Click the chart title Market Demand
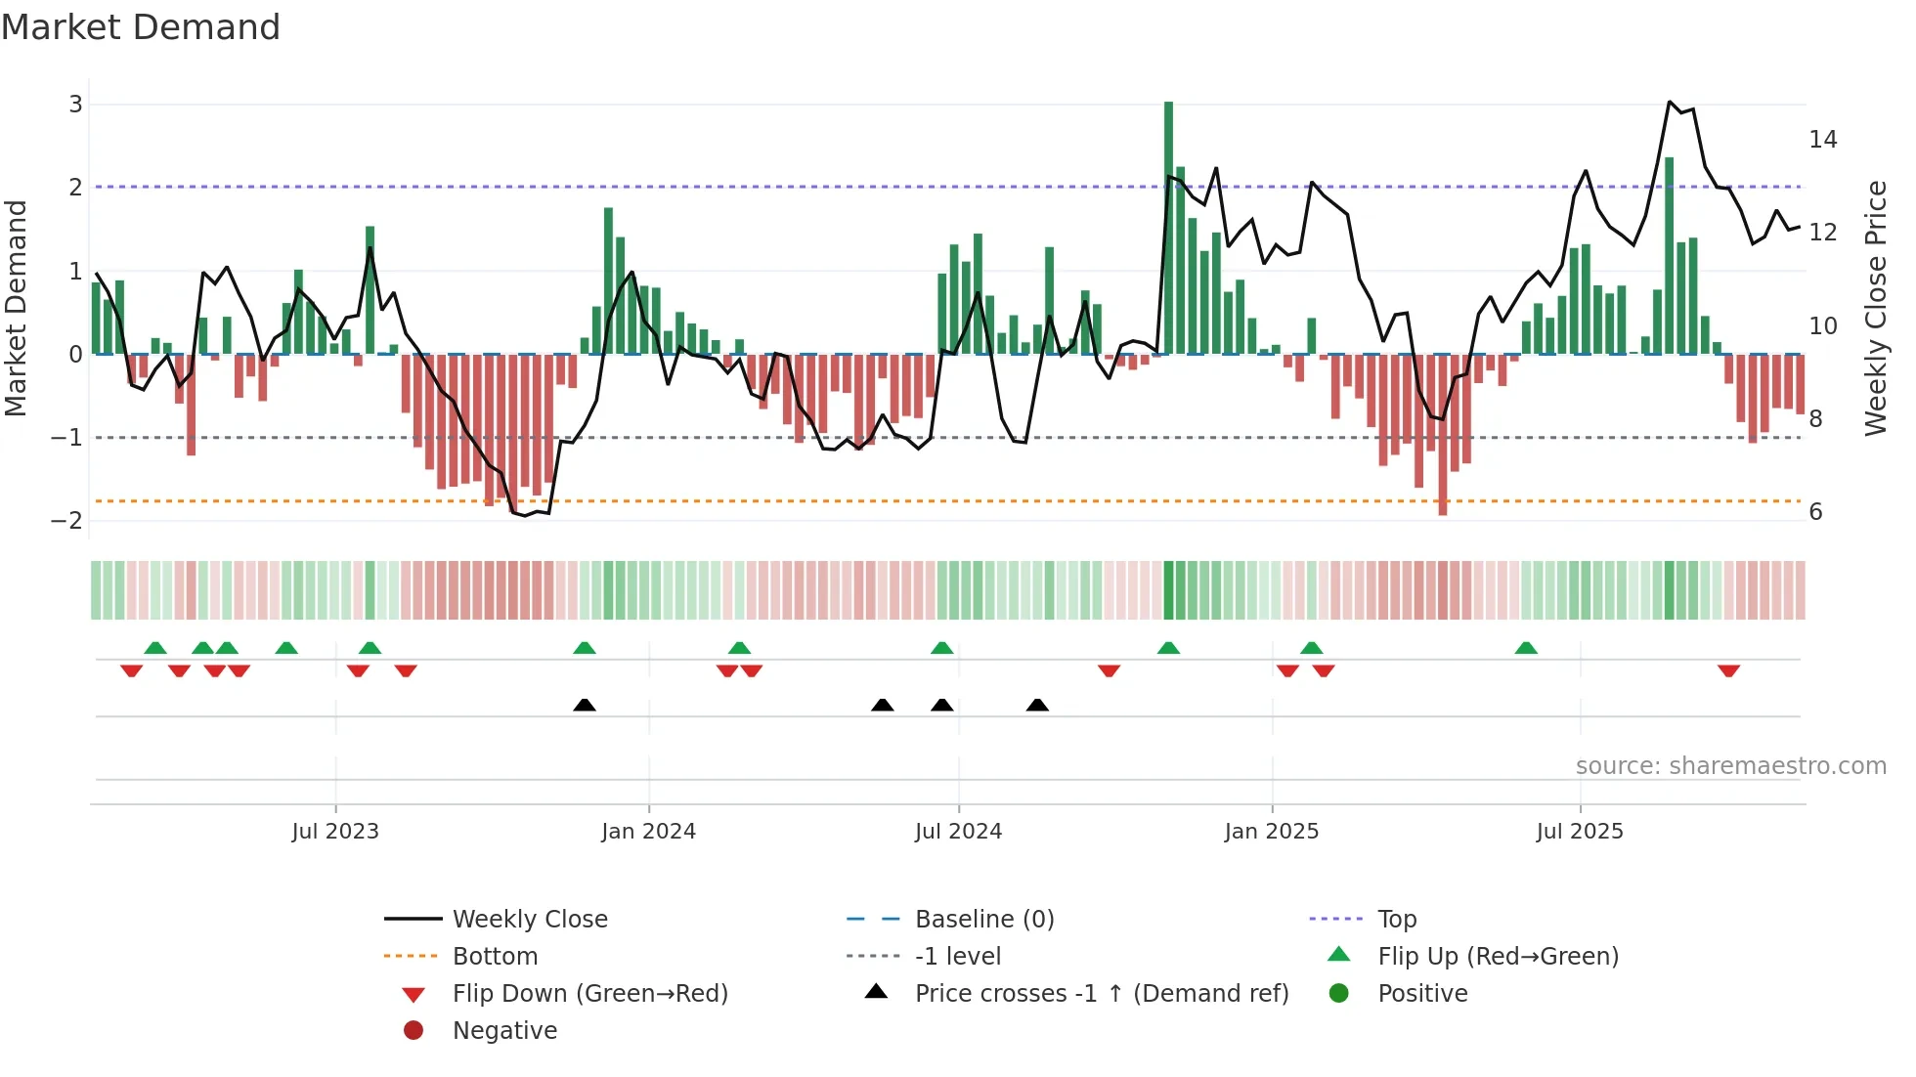tap(141, 26)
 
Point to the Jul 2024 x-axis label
tap(958, 832)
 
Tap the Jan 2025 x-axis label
tap(1271, 832)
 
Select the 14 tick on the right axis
tap(1822, 140)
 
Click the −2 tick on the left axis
tap(67, 520)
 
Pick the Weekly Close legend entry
tap(529, 920)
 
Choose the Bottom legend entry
tap(495, 957)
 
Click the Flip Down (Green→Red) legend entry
tap(589, 994)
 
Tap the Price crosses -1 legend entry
tap(1101, 994)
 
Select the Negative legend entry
tap(504, 1031)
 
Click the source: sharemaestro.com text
tap(1730, 766)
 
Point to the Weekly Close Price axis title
tap(1875, 308)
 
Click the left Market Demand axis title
tap(16, 308)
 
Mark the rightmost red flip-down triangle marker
tap(1728, 670)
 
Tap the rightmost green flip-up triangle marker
tap(1526, 648)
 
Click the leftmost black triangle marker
tap(585, 705)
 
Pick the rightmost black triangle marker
tap(1037, 705)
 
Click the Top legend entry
tap(1396, 920)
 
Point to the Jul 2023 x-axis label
tap(335, 832)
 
